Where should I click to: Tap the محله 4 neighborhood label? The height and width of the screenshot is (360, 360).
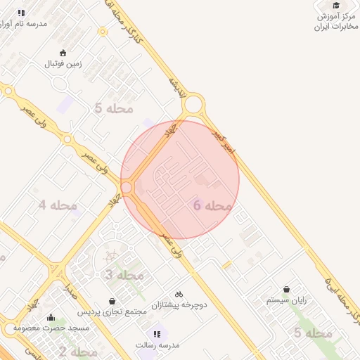click(58, 205)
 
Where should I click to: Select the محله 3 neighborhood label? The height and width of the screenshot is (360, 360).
click(124, 275)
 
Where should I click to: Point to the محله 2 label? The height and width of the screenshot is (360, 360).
click(78, 352)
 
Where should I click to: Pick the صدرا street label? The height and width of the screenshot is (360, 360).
click(70, 292)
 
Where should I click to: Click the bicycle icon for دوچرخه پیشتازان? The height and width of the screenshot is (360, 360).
click(179, 293)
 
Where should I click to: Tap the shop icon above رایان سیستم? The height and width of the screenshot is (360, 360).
click(286, 288)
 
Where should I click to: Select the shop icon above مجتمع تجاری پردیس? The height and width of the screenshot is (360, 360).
click(112, 301)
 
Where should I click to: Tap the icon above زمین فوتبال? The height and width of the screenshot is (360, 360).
click(63, 52)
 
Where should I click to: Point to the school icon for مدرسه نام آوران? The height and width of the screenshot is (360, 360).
click(21, 13)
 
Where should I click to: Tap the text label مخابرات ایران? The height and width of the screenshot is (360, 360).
click(333, 27)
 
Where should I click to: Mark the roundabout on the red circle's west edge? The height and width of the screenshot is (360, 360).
click(127, 188)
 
